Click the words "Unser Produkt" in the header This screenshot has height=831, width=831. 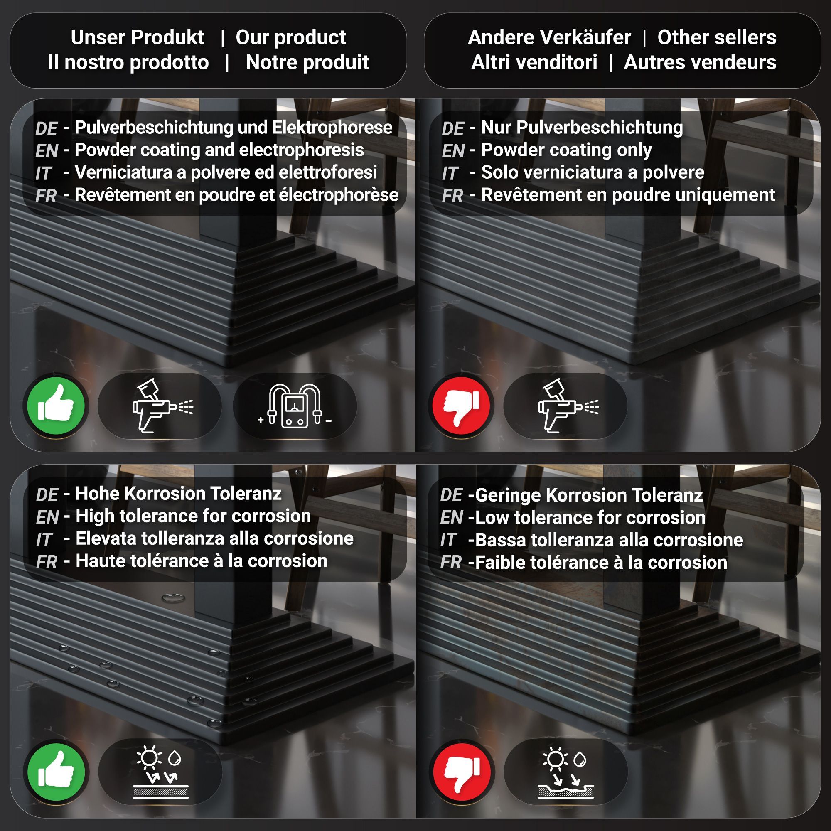137,37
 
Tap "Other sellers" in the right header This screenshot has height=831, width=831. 717,37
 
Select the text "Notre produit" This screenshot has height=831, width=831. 307,62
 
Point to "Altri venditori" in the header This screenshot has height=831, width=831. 534,62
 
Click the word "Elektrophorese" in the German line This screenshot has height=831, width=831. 332,127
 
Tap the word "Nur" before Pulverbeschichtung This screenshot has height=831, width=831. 497,127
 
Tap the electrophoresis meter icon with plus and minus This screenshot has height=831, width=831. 295,406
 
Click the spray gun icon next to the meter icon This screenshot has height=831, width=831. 162,405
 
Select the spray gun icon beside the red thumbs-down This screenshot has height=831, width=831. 568,405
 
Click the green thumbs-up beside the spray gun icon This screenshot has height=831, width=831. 56,405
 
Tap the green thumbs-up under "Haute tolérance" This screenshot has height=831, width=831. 56,772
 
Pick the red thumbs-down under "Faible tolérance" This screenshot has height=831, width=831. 462,772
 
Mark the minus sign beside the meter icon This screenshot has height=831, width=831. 329,421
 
